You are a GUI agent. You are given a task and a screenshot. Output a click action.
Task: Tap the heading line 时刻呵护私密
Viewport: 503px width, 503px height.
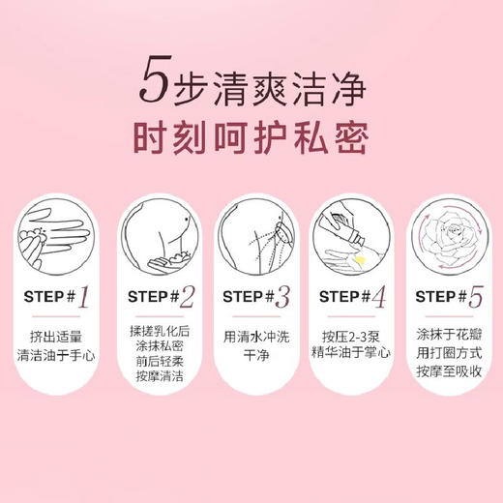click(251, 138)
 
